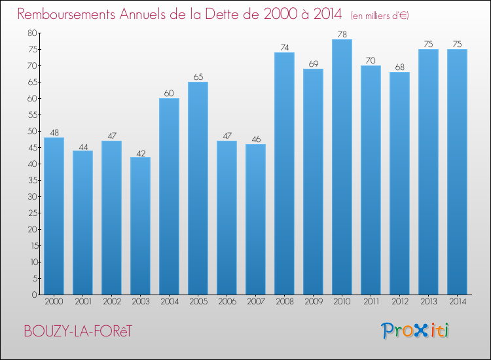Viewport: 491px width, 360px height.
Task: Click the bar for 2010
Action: [x=342, y=167]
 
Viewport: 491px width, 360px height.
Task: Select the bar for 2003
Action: [x=140, y=226]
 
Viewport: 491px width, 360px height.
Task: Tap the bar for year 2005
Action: [x=198, y=189]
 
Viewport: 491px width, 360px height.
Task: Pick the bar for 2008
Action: [x=284, y=173]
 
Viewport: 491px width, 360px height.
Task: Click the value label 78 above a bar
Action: [x=342, y=34]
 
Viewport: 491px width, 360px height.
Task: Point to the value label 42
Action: [x=140, y=152]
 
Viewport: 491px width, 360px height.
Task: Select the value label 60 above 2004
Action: [x=169, y=93]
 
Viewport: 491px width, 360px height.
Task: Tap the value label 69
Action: [x=313, y=63]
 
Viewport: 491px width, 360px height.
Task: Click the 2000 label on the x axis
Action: [x=54, y=302]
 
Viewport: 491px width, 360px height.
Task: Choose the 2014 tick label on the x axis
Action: [x=457, y=302]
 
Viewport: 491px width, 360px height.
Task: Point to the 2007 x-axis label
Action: [x=255, y=302]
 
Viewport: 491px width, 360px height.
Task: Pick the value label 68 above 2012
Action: [x=399, y=67]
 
